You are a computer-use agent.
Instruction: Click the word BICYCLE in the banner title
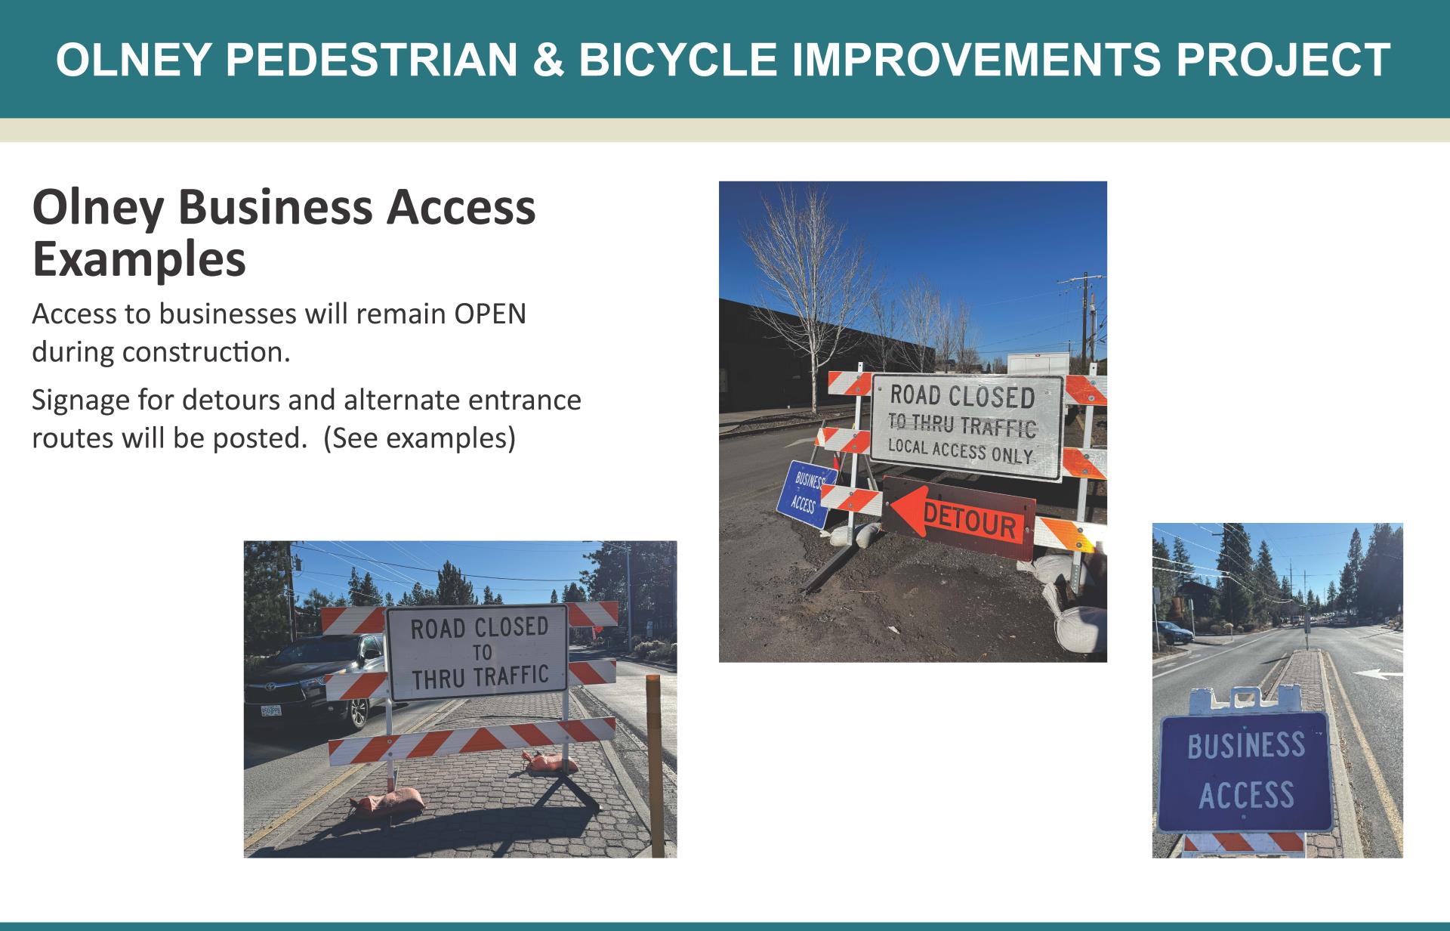[x=677, y=59]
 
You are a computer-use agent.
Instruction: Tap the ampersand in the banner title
[x=548, y=59]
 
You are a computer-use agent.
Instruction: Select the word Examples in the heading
[x=139, y=259]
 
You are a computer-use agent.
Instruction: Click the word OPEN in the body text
[x=489, y=314]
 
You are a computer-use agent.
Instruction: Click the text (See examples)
[x=419, y=438]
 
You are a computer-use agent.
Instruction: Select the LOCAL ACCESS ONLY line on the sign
[x=960, y=450]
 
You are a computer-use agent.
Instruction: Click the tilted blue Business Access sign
[x=805, y=493]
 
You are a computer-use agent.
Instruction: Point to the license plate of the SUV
[x=270, y=710]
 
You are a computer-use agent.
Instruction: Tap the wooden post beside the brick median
[x=655, y=763]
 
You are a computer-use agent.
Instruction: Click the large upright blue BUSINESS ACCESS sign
[x=1245, y=771]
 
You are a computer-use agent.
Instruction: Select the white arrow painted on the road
[x=1377, y=673]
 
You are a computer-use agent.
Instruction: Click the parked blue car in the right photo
[x=1173, y=632]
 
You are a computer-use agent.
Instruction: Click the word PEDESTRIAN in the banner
[x=372, y=59]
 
